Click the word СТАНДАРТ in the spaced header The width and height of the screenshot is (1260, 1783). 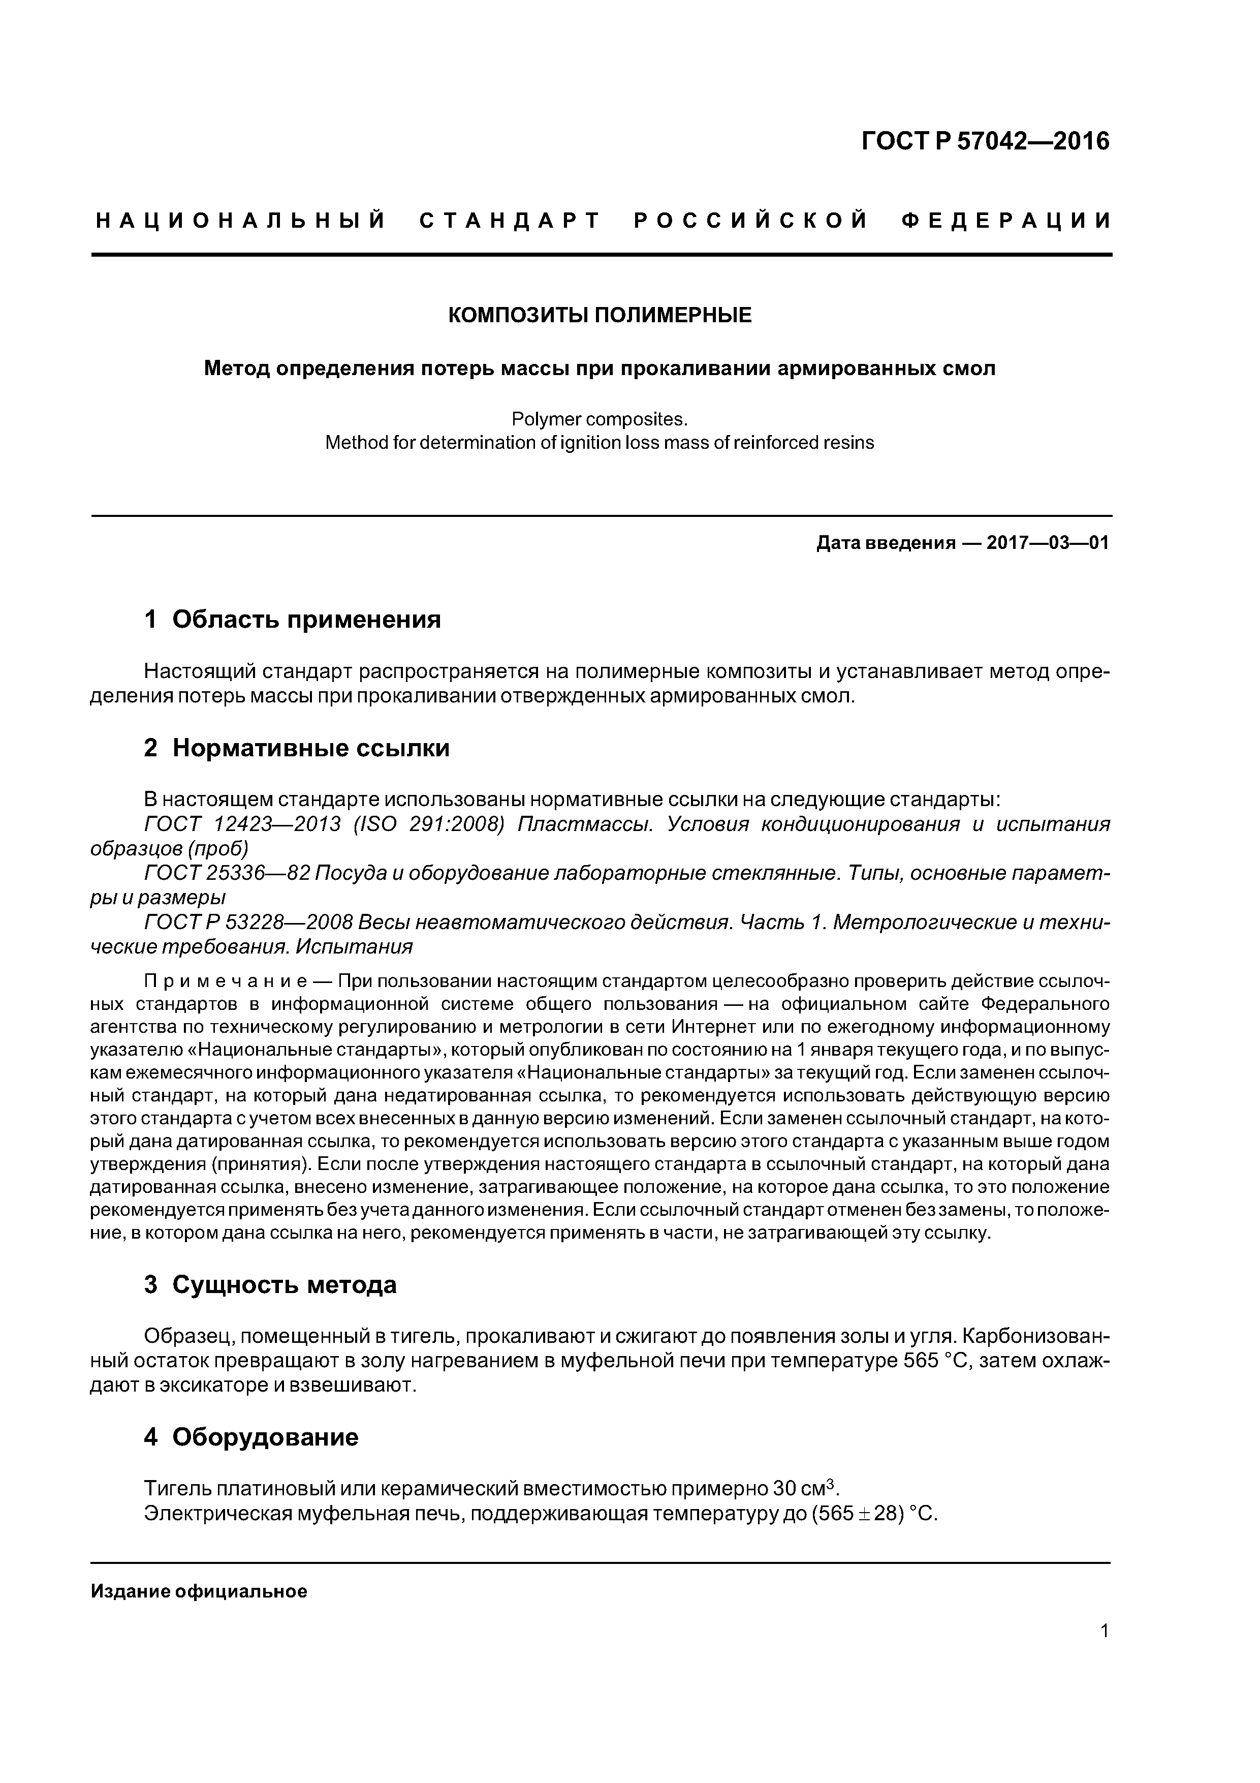click(x=510, y=221)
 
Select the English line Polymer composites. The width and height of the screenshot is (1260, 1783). click(x=600, y=419)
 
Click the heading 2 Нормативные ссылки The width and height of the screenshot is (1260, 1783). click(x=297, y=748)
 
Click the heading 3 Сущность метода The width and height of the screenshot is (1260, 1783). click(x=270, y=1285)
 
